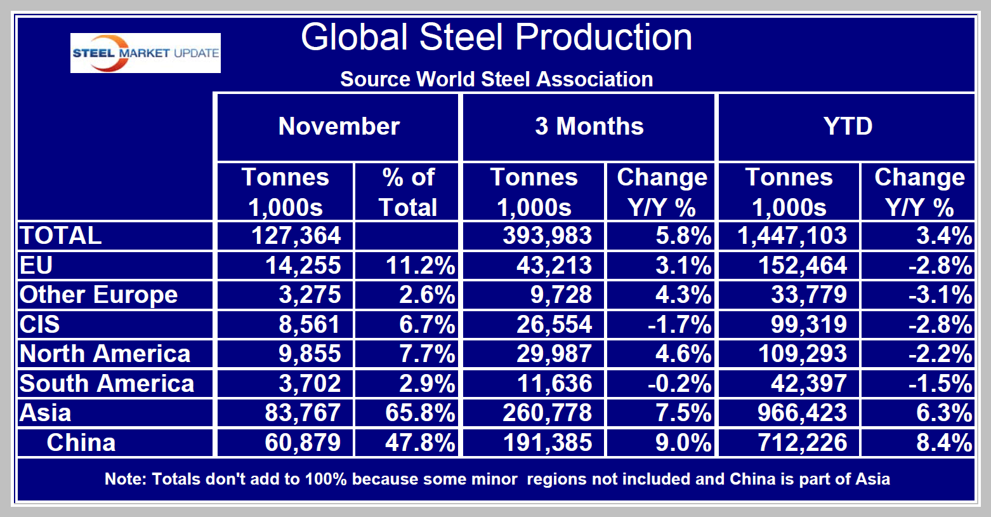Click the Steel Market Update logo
tap(145, 53)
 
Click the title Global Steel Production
tap(496, 37)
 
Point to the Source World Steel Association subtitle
tap(496, 79)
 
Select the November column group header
tap(339, 126)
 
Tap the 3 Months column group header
tap(589, 126)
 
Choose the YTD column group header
tap(847, 126)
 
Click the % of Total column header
tap(407, 192)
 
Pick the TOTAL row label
tap(61, 236)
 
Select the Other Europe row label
tap(99, 295)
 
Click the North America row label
tap(105, 354)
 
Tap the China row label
tap(81, 443)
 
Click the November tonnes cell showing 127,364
tap(296, 236)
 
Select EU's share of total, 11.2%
tap(420, 265)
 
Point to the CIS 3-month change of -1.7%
tap(679, 325)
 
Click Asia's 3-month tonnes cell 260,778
tap(547, 413)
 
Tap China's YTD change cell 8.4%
tap(943, 443)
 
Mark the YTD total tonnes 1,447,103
tap(792, 236)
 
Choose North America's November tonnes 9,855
tap(310, 354)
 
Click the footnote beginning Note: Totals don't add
tap(497, 479)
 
